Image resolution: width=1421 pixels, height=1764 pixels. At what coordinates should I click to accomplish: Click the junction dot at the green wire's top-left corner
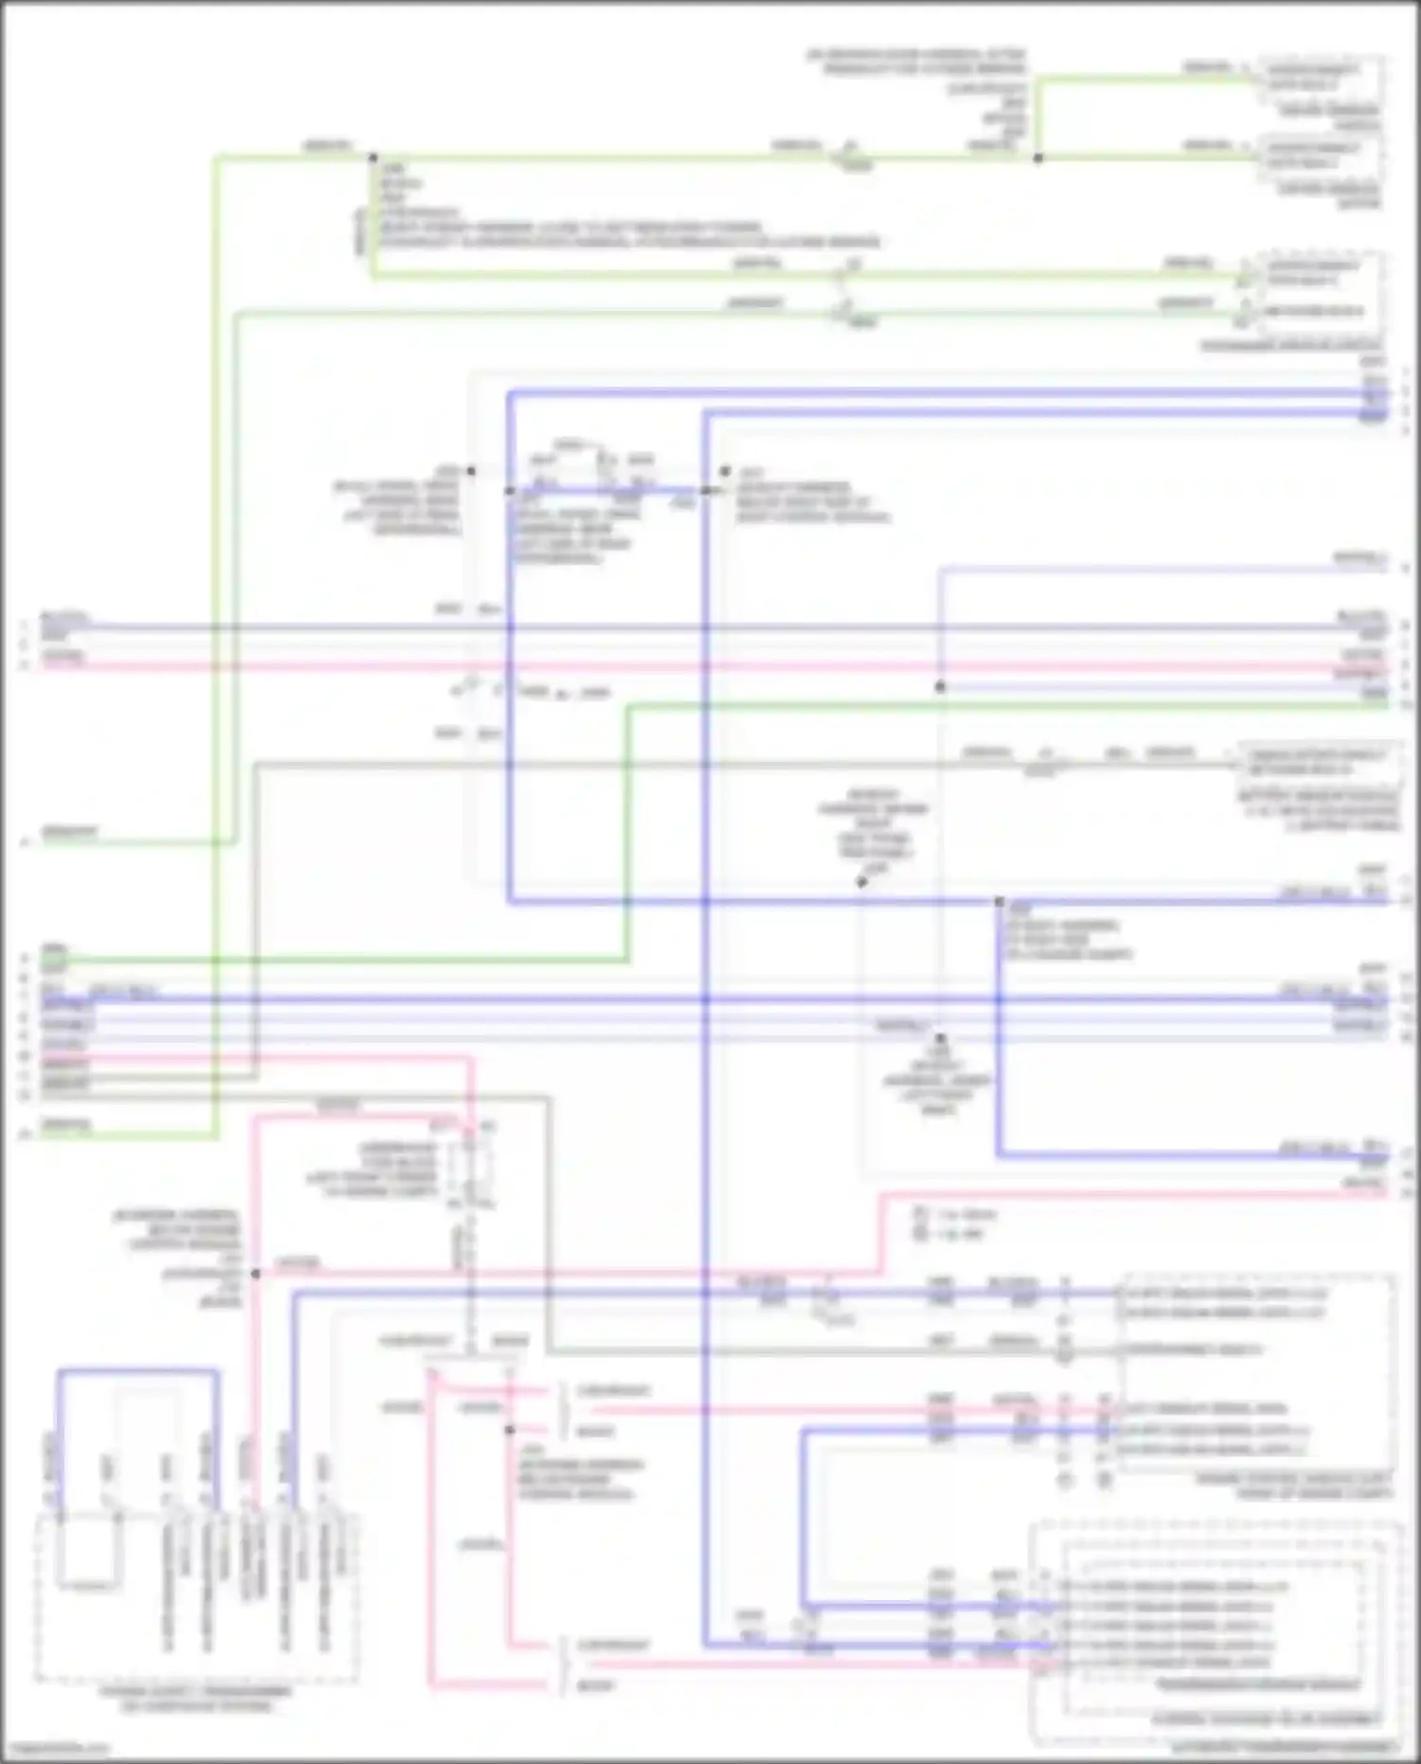click(x=373, y=157)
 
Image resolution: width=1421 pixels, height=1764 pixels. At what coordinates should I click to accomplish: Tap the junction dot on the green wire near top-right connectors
click(x=1038, y=158)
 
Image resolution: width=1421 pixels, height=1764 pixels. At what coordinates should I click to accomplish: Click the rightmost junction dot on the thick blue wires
click(x=999, y=901)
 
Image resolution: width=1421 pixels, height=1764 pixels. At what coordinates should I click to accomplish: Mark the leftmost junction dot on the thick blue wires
click(x=510, y=491)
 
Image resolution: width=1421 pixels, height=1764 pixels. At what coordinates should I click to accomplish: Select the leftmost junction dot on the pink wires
click(x=255, y=1274)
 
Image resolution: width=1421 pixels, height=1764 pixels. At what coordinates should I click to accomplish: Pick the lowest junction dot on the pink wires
click(x=510, y=1429)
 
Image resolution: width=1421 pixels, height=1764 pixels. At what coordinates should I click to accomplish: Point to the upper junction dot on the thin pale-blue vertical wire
click(x=940, y=687)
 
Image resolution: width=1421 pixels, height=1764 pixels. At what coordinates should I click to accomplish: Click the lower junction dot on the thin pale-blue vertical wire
click(x=940, y=1039)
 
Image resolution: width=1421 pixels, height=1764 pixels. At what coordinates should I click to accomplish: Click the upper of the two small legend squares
click(x=919, y=1213)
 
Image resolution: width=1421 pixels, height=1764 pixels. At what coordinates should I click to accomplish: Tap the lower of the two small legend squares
click(x=919, y=1233)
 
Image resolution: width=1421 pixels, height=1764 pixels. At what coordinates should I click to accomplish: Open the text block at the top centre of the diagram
click(x=916, y=63)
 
